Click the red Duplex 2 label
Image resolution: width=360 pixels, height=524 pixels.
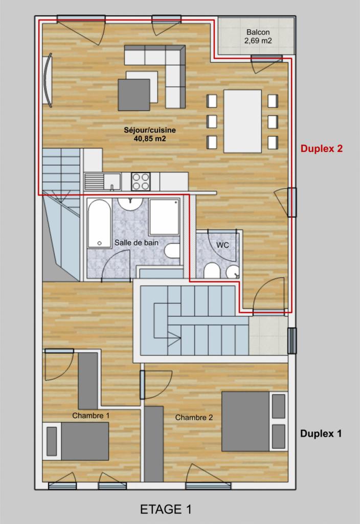(x=321, y=148)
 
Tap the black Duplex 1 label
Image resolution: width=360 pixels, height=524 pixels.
(x=321, y=433)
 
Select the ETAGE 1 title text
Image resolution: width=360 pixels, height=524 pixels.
(x=166, y=509)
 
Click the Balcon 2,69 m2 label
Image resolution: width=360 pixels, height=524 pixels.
(x=258, y=36)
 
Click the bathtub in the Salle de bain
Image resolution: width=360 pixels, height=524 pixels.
(x=100, y=224)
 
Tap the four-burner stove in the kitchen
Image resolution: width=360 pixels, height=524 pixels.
(x=141, y=182)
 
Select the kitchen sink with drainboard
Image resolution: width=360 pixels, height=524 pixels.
(x=102, y=182)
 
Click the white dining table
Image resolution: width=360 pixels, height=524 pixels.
(x=242, y=121)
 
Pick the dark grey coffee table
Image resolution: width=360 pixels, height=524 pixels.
(x=134, y=95)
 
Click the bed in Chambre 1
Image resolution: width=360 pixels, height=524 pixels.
(x=76, y=441)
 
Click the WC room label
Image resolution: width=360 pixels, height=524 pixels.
(x=223, y=245)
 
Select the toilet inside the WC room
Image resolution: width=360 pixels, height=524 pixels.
(x=212, y=270)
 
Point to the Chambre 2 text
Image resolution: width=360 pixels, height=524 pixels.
(x=194, y=418)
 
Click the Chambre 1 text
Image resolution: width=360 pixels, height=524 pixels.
(x=91, y=416)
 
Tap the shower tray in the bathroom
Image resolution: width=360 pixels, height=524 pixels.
(x=164, y=217)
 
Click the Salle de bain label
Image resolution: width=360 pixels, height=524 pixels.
(x=137, y=243)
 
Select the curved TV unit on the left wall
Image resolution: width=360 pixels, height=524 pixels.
(x=48, y=80)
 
